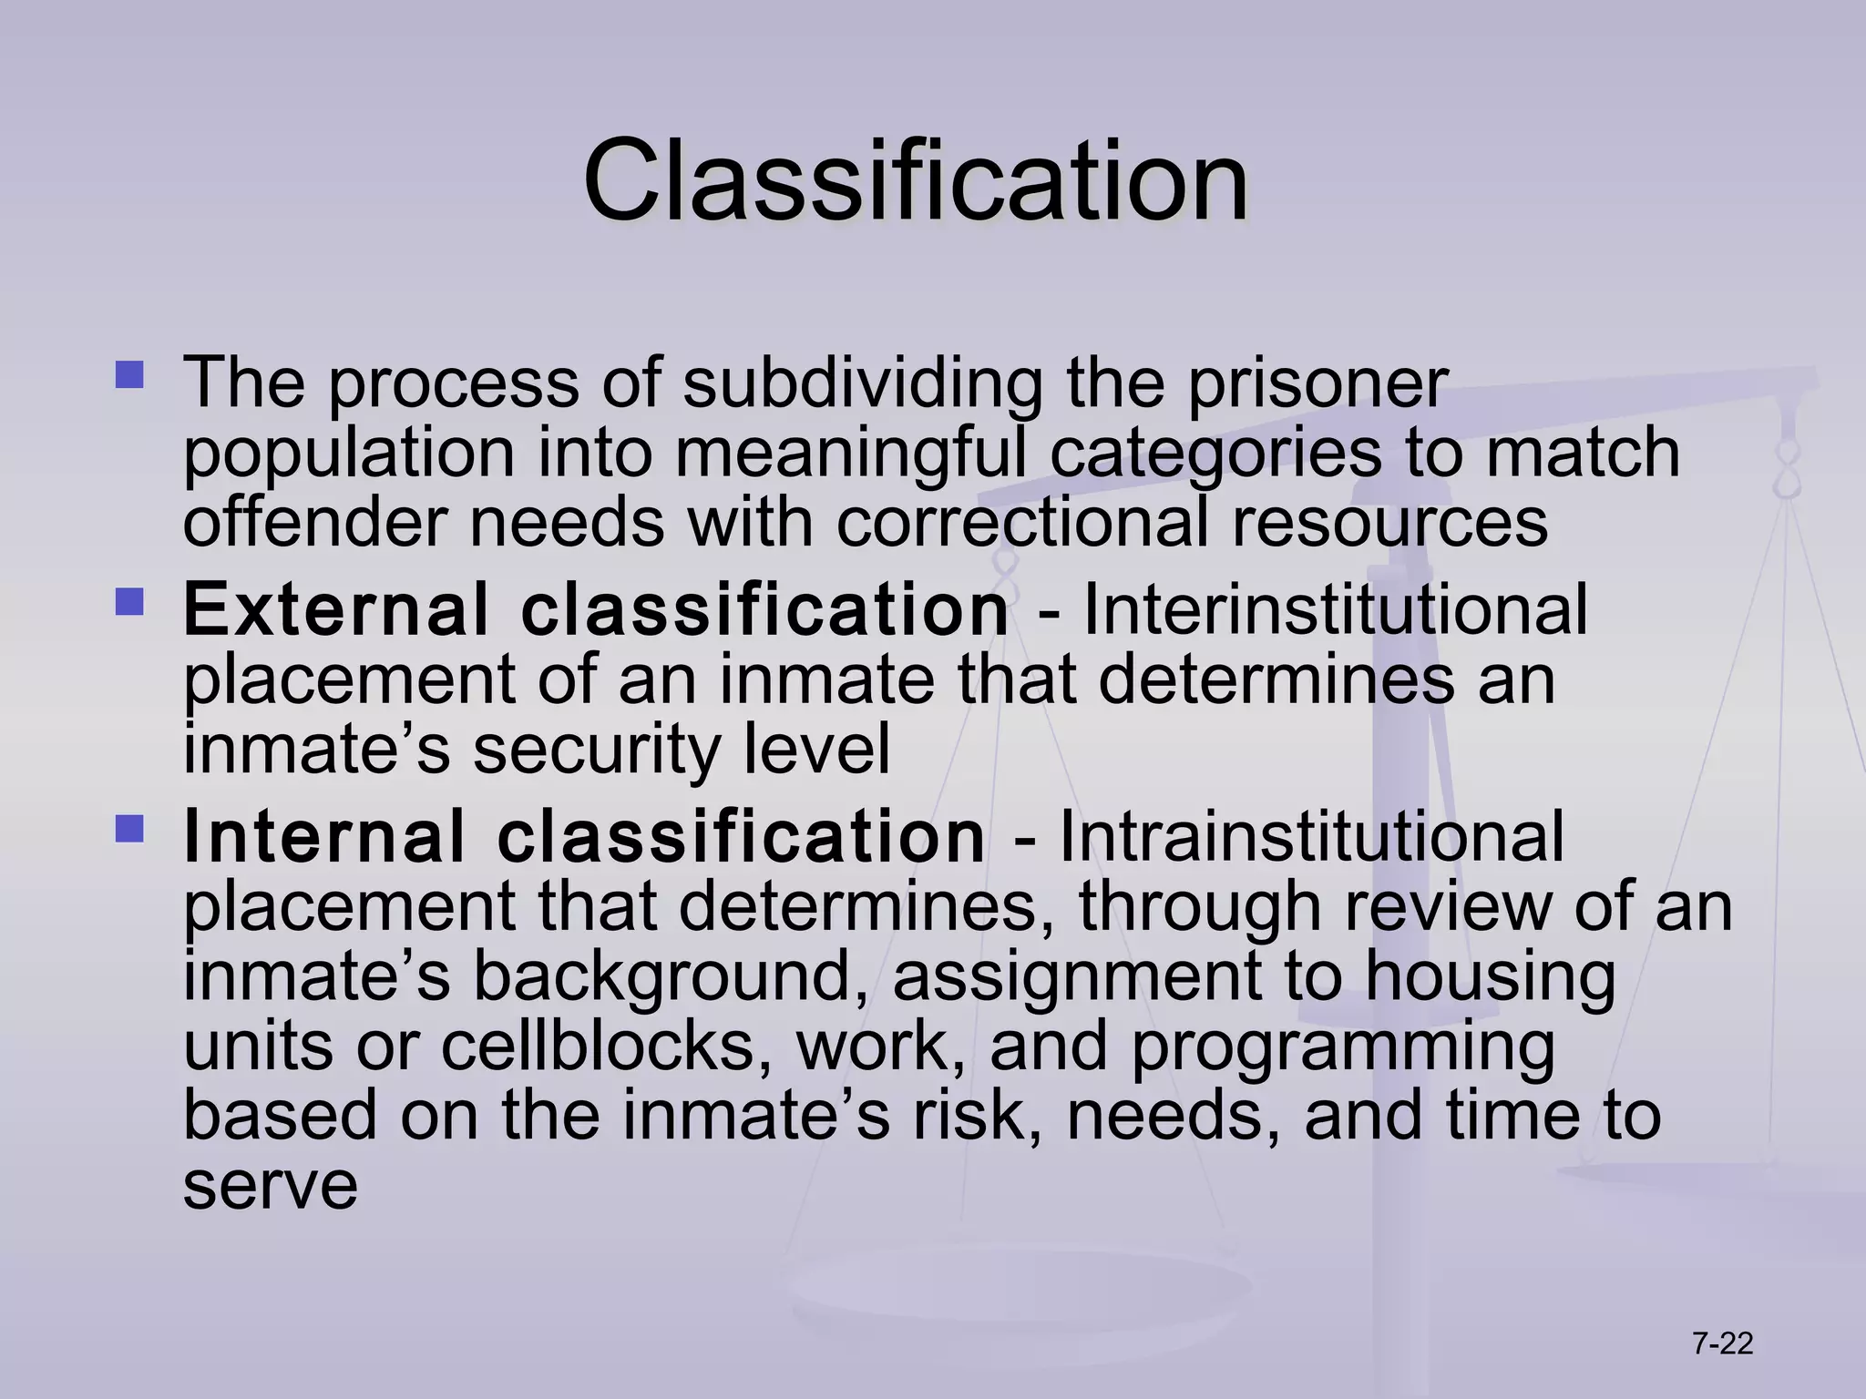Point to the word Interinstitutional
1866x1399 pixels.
1336,610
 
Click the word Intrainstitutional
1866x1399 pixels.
1312,837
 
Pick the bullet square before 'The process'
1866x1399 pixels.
129,375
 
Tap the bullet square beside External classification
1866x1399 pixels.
129,602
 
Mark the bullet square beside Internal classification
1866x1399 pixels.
129,829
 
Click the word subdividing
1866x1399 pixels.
862,383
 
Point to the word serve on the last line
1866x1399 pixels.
271,1186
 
